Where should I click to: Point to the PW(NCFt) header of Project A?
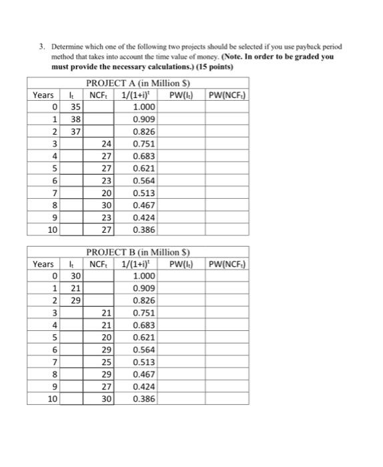click(227, 94)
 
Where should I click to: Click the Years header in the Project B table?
click(44, 264)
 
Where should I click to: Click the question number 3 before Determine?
click(41, 48)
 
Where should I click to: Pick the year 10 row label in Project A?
click(51, 230)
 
